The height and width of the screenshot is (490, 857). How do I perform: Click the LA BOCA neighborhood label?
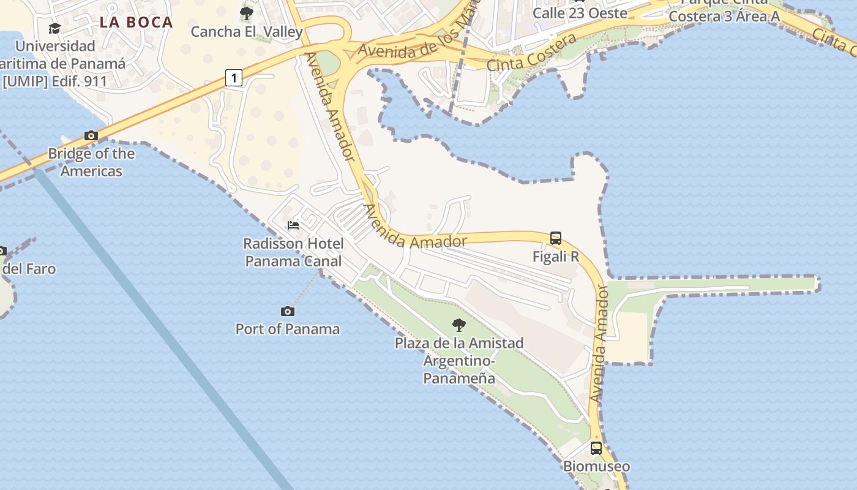point(136,23)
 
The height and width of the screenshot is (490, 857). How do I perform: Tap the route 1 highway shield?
point(234,78)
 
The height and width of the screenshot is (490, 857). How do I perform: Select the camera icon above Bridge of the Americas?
point(91,135)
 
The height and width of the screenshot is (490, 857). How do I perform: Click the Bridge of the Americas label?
point(91,162)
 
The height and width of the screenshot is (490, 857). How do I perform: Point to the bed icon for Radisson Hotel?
point(293,225)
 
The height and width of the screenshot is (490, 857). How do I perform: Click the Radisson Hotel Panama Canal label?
point(293,252)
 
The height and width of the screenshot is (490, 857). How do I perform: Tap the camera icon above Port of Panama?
point(287,312)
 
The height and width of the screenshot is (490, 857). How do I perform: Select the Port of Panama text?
point(287,329)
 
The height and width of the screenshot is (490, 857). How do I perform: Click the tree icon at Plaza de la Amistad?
point(458,325)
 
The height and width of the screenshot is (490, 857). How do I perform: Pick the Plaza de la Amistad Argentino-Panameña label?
point(458,360)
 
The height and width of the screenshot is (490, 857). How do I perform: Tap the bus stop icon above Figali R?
point(556,238)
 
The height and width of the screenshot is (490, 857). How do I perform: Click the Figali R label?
point(556,257)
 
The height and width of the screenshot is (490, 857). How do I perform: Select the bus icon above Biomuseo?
point(596,448)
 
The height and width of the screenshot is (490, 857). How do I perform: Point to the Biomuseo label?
point(596,466)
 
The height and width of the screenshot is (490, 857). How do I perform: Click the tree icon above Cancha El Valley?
point(247,13)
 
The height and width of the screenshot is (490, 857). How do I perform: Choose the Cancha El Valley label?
point(247,31)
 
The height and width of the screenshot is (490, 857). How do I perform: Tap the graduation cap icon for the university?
point(54,29)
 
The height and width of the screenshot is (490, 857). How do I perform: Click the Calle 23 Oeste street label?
point(580,13)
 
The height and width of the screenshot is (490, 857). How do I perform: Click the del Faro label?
point(29,269)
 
